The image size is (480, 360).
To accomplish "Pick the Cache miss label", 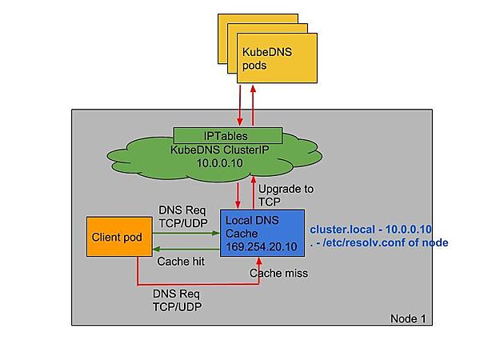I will point(278,273).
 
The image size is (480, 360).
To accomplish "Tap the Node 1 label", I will point(408,318).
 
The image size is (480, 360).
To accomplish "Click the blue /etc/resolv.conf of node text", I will point(382,242).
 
